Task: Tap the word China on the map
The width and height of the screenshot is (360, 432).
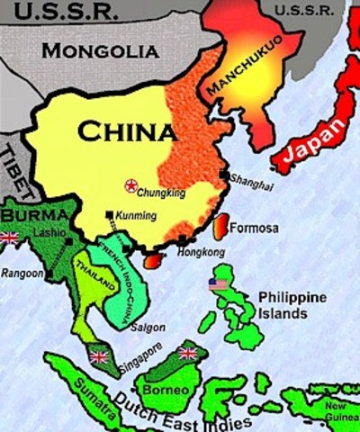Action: (x=125, y=131)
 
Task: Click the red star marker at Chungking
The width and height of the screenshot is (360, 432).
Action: (x=130, y=185)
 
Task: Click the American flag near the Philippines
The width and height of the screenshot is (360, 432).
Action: (x=218, y=284)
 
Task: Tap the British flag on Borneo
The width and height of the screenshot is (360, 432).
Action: (x=187, y=354)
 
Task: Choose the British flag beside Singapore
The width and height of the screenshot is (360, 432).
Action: (x=99, y=357)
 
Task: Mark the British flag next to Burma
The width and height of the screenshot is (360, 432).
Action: (x=10, y=238)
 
